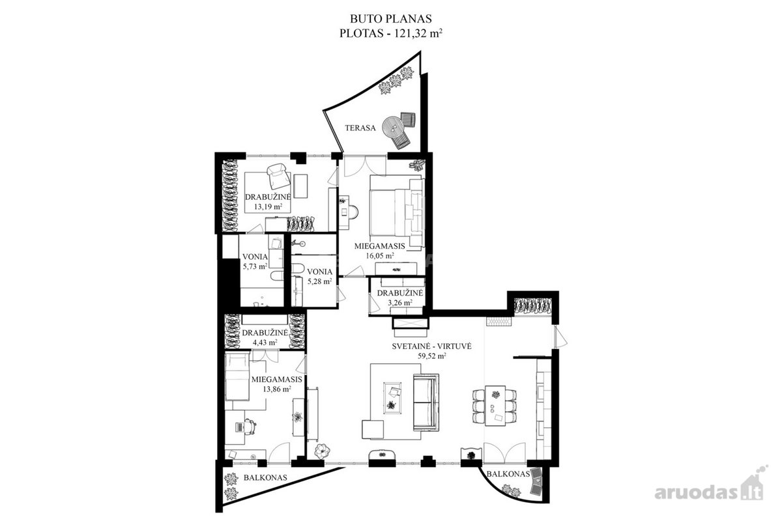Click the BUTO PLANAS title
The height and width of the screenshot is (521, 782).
pyautogui.click(x=391, y=18)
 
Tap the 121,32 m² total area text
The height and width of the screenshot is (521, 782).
pyautogui.click(x=418, y=33)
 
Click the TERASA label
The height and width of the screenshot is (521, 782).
pyautogui.click(x=360, y=128)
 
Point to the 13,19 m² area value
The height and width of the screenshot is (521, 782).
pyautogui.click(x=268, y=206)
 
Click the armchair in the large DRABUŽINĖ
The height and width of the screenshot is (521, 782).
pyautogui.click(x=278, y=176)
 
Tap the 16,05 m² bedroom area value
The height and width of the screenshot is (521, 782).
pyautogui.click(x=380, y=255)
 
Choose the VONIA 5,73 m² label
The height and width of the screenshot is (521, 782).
pyautogui.click(x=255, y=261)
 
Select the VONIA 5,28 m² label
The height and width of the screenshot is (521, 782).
pyautogui.click(x=319, y=276)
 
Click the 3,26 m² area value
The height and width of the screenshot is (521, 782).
pyautogui.click(x=399, y=303)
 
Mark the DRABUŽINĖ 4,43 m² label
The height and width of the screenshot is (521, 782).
pyautogui.click(x=265, y=337)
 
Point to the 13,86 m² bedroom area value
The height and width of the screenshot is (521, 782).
pyautogui.click(x=277, y=389)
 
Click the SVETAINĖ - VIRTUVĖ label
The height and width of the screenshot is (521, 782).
pyautogui.click(x=432, y=346)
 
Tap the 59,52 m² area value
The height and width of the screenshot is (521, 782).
pyautogui.click(x=432, y=356)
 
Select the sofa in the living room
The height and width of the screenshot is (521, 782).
pyautogui.click(x=426, y=402)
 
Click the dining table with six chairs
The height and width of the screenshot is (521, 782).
pyautogui.click(x=495, y=406)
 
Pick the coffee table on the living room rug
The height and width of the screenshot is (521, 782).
pyautogui.click(x=392, y=398)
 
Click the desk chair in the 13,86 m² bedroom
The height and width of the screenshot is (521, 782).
pyautogui.click(x=250, y=427)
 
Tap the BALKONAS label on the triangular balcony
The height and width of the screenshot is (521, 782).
pyautogui.click(x=265, y=477)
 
